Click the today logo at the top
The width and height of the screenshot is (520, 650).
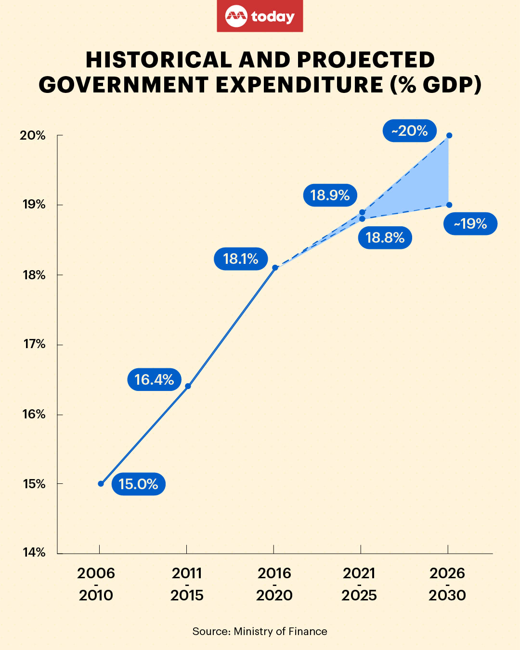click(260, 16)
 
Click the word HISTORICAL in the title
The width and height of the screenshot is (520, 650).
click(159, 60)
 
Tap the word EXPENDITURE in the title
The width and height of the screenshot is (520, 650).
click(299, 85)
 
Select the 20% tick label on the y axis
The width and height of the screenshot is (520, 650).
click(33, 135)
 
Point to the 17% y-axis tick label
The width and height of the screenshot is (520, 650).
click(34, 344)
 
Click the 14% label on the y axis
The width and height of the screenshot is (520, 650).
click(34, 552)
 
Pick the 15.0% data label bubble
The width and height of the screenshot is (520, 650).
click(138, 484)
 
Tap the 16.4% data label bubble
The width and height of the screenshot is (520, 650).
click(154, 379)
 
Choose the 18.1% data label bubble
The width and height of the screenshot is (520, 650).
click(241, 259)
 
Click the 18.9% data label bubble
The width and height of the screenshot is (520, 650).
click(330, 195)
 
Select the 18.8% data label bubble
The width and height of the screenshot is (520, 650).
click(385, 237)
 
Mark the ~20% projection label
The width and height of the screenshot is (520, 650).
click(409, 130)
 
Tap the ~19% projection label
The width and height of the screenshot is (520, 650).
click(470, 223)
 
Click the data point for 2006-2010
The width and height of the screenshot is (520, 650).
click(101, 483)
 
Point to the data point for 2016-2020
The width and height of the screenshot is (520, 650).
click(275, 268)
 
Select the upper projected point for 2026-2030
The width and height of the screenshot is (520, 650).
click(449, 135)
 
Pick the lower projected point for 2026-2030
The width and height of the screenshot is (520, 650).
click(449, 205)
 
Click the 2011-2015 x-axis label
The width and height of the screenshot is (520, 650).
click(187, 584)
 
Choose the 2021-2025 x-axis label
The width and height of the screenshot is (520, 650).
click(359, 584)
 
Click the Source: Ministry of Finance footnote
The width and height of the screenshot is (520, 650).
click(260, 631)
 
